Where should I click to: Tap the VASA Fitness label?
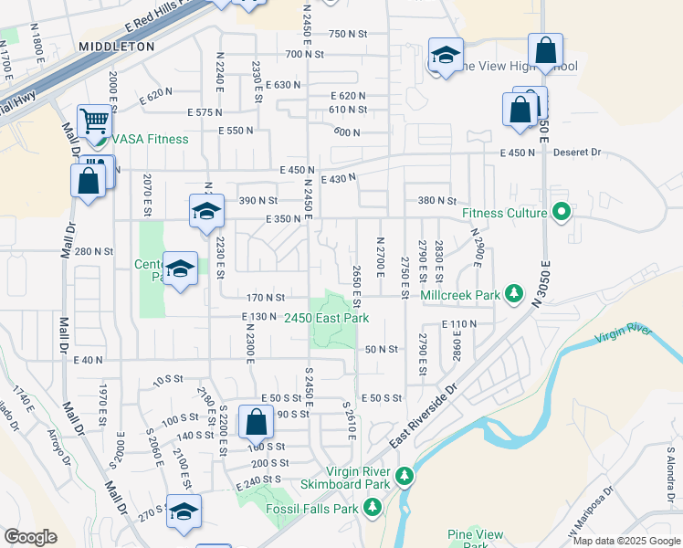[x=151, y=139]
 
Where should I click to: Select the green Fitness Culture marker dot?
[x=562, y=214]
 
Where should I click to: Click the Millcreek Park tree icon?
[x=515, y=294]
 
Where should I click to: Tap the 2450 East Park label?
[x=326, y=318]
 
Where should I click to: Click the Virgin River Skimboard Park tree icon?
[x=404, y=476]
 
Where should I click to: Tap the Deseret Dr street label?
[x=574, y=153]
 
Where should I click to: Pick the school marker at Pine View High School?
[x=446, y=56]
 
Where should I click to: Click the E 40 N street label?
[x=89, y=360]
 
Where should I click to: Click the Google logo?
[x=31, y=537]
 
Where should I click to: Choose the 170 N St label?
[x=267, y=297]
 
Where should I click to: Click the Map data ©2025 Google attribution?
[x=625, y=541]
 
